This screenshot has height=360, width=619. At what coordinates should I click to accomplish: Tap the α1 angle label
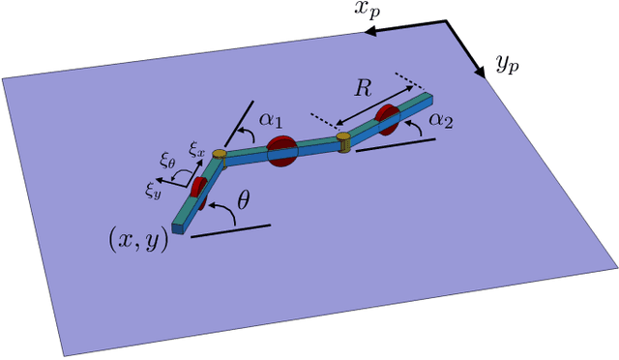[272, 121]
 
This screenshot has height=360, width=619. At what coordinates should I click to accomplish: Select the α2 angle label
[441, 121]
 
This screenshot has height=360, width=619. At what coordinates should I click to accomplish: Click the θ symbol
[244, 203]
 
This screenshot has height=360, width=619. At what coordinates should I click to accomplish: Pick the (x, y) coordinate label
[138, 238]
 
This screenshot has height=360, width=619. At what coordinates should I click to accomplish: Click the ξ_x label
[196, 151]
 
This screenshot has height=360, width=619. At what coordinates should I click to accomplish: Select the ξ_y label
[154, 190]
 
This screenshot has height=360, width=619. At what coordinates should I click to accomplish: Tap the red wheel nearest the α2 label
[387, 119]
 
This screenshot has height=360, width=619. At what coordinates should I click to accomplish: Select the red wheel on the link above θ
[197, 189]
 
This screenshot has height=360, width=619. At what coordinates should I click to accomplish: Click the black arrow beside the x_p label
[405, 29]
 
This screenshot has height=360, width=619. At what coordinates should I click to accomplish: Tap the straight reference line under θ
[231, 230]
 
